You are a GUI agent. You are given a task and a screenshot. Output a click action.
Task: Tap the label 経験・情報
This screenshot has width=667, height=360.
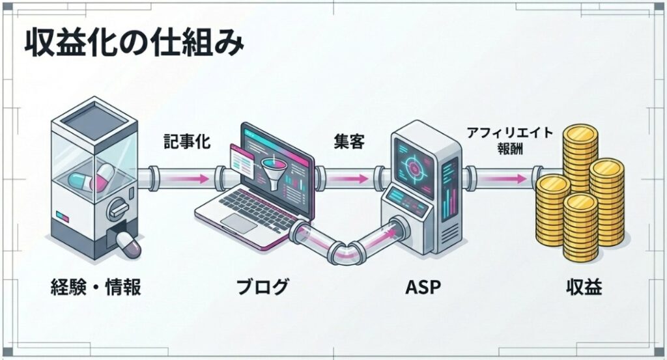tap(96, 287)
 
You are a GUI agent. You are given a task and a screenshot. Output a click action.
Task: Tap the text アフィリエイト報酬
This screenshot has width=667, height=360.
tap(510, 141)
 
